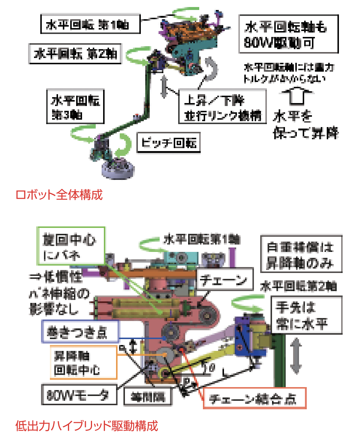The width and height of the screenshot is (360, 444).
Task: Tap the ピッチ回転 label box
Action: coord(169,143)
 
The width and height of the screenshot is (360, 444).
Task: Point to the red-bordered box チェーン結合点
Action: coord(255,398)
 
